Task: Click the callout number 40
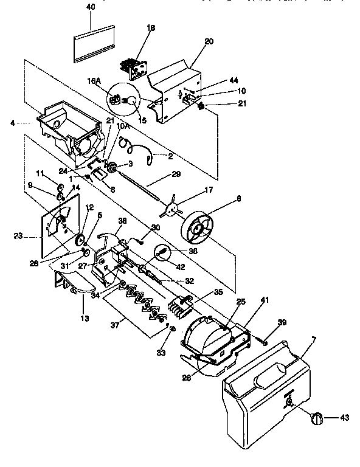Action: (x=91, y=7)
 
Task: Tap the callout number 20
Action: (x=209, y=42)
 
